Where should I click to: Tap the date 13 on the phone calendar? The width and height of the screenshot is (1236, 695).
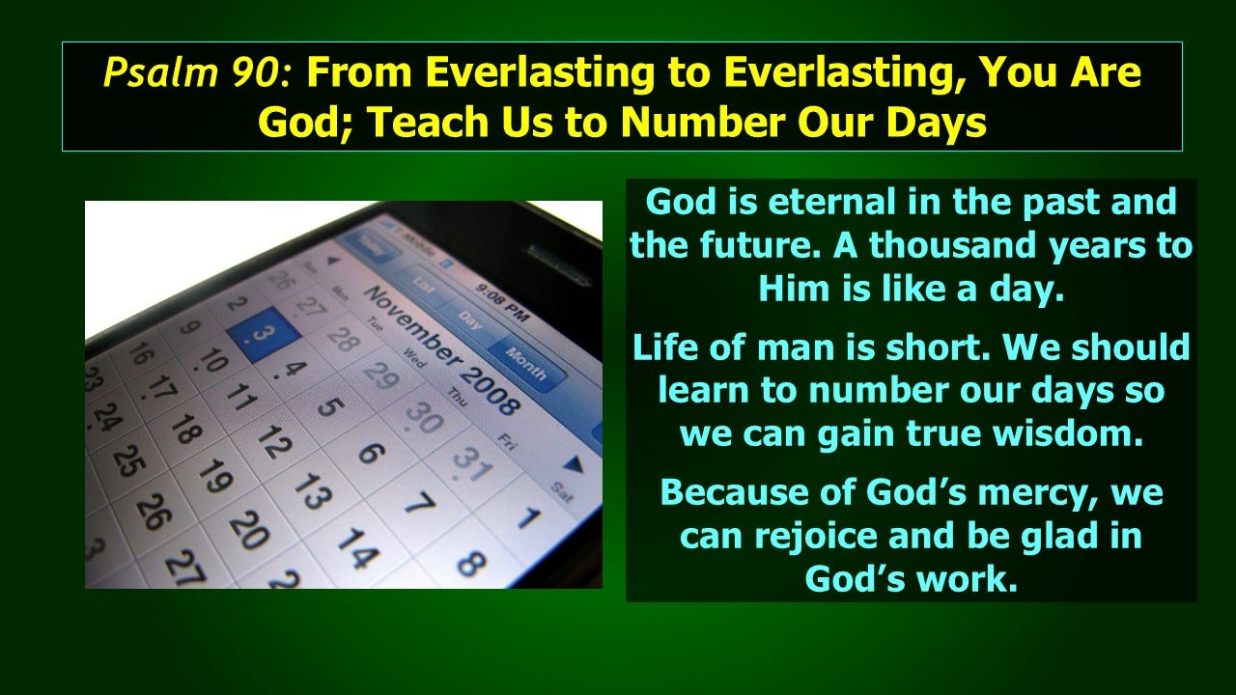[x=311, y=490]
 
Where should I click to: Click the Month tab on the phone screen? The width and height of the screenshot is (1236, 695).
[x=525, y=364]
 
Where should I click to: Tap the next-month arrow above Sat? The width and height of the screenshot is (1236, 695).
[x=576, y=466]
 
